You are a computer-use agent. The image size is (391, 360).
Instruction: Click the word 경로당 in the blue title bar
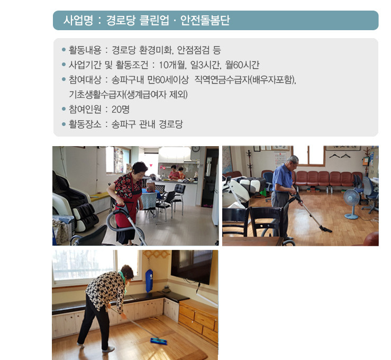(121, 20)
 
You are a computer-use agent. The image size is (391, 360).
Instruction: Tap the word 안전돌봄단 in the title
(205, 20)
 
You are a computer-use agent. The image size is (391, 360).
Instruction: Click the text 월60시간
(242, 65)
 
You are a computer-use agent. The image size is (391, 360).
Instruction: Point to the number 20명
(121, 109)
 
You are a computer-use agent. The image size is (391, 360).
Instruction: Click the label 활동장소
(85, 124)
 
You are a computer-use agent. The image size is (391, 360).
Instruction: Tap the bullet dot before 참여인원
(64, 109)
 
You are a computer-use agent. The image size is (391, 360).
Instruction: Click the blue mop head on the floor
(159, 341)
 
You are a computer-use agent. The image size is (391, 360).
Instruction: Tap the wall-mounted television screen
(192, 266)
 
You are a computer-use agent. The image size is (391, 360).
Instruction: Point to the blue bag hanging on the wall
(149, 280)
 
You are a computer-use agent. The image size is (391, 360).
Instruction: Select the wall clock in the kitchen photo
(196, 149)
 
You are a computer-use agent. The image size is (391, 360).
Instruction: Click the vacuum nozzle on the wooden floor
(326, 229)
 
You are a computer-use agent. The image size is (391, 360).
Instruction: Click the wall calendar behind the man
(281, 159)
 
